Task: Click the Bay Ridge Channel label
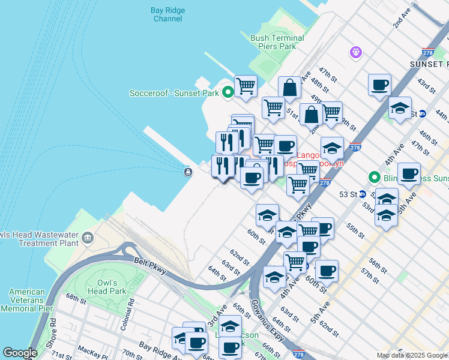click(168, 14)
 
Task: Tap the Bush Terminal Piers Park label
click(277, 42)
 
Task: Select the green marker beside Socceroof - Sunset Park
click(228, 92)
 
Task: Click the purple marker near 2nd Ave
click(356, 53)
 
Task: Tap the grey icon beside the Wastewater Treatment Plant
click(88, 239)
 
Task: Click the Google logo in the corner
click(20, 353)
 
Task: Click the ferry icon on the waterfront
click(188, 172)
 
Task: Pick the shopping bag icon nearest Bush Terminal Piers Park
click(289, 88)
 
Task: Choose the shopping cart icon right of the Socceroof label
click(246, 86)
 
